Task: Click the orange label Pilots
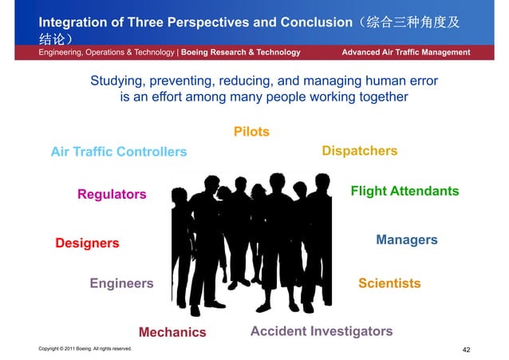[251, 132]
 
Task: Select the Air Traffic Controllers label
[118, 152]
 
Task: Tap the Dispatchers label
[359, 151]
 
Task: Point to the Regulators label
[112, 195]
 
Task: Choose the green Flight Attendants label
[404, 192]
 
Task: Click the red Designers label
[87, 243]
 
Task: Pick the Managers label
[406, 240]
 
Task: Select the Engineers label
[121, 283]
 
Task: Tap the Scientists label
[389, 283]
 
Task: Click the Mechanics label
[172, 332]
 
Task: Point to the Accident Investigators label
[322, 331]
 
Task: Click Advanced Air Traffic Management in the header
[405, 53]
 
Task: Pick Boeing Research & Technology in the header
[241, 53]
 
